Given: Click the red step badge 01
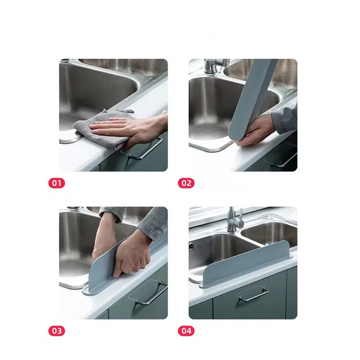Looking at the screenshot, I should tap(57, 183).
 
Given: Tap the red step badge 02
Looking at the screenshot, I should tap(186, 183).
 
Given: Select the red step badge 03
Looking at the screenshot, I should tap(57, 331).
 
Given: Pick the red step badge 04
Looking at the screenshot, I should tap(186, 331).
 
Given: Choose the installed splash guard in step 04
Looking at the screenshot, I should tap(247, 265).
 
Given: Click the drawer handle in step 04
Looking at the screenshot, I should tap(252, 295).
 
